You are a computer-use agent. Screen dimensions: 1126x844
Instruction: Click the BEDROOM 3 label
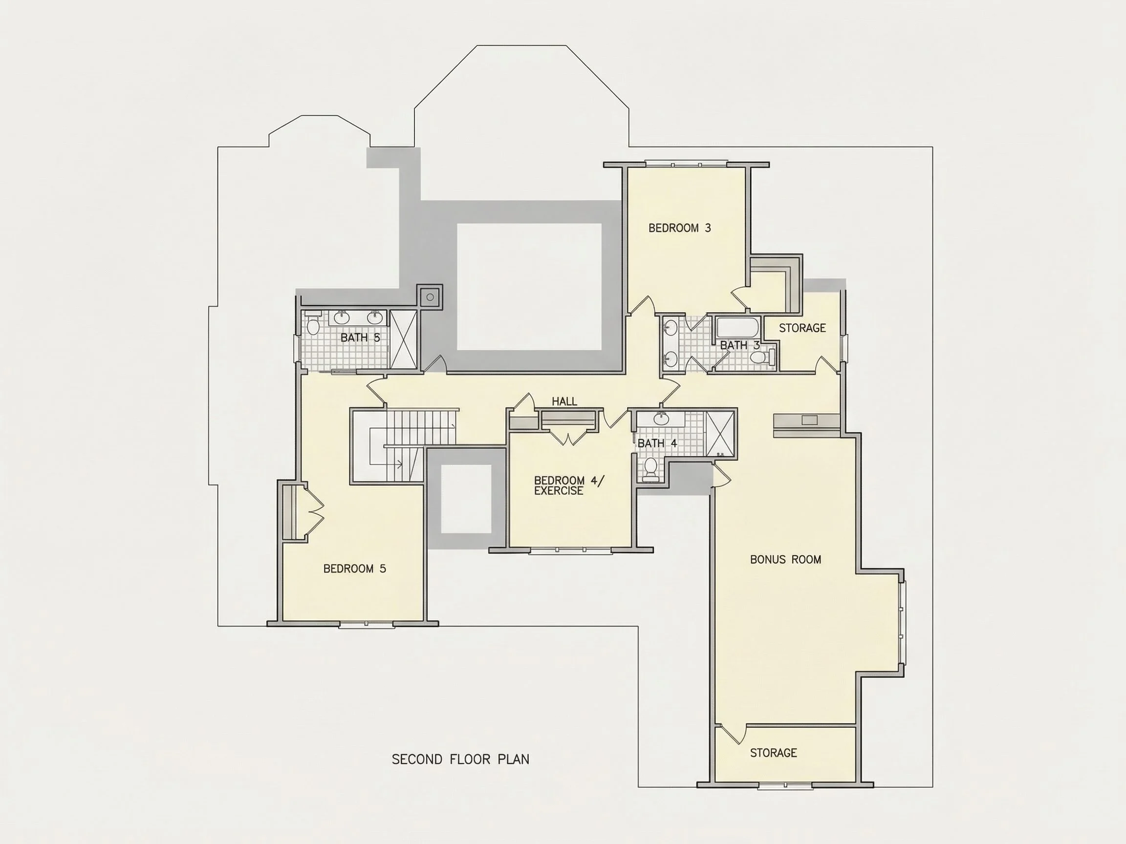tap(680, 228)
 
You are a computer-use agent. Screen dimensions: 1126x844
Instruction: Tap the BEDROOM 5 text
tap(355, 569)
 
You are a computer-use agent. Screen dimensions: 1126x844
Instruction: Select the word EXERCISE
tap(559, 491)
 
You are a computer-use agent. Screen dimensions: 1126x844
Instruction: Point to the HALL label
tap(564, 401)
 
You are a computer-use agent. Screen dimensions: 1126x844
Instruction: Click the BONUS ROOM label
tap(785, 560)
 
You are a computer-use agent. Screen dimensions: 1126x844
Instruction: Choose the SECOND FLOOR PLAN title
tap(461, 760)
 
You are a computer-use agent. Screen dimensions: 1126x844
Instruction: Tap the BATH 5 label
tap(360, 338)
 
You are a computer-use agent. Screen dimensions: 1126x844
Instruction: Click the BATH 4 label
tap(657, 443)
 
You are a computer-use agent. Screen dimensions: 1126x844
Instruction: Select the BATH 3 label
tap(739, 345)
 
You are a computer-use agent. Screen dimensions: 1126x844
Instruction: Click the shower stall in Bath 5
tap(403, 339)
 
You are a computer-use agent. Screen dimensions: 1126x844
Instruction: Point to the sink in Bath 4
tap(661, 419)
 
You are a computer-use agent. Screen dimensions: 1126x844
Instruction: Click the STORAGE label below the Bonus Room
tap(773, 753)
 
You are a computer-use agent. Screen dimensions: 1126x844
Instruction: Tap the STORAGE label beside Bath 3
tap(802, 328)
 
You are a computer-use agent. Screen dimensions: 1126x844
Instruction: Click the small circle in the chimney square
tap(430, 297)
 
